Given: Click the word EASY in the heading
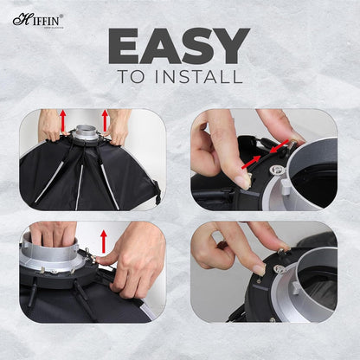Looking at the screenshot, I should click(179, 46).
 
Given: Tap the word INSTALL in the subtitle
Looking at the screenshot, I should click(200, 77).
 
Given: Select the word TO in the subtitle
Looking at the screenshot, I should click(132, 77).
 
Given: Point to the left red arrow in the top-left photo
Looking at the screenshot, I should click(62, 119).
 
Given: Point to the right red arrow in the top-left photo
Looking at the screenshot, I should click(106, 119).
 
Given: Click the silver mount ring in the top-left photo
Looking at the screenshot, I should click(85, 134).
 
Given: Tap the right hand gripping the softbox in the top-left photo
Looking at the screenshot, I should click(117, 130).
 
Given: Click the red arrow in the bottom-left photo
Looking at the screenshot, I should click(105, 240).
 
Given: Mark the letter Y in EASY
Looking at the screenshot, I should click(229, 46).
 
